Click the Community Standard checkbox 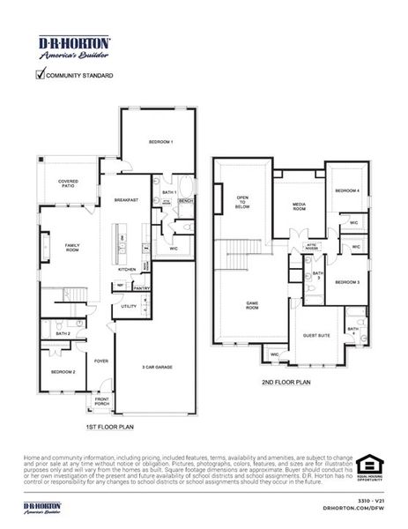point(40,75)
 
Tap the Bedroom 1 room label point(159,142)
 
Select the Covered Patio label point(68,183)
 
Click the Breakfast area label point(126,200)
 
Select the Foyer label point(101,360)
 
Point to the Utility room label point(129,307)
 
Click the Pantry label point(138,287)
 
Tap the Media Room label point(299,207)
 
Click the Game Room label point(251,306)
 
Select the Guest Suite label point(316,335)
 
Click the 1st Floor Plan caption point(109,426)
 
